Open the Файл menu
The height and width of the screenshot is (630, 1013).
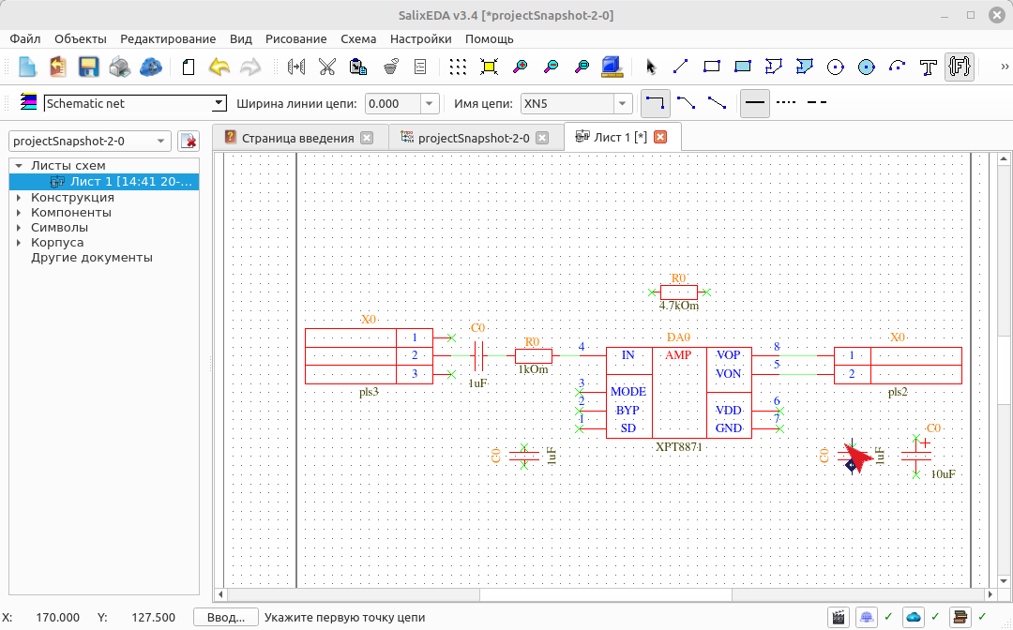click(x=25, y=38)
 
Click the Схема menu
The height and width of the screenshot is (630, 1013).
click(x=358, y=38)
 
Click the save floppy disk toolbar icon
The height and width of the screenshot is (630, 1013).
click(x=88, y=67)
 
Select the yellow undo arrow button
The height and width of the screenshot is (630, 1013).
click(x=219, y=67)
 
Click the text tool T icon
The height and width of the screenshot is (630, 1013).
click(x=929, y=67)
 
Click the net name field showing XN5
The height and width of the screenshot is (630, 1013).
click(x=567, y=103)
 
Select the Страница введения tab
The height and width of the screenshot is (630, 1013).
click(x=298, y=138)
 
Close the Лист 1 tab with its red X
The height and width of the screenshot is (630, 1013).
click(x=660, y=137)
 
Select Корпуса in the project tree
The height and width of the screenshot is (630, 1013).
click(x=57, y=243)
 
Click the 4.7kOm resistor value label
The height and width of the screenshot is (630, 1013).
click(x=679, y=306)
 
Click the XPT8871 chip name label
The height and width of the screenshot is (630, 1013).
click(x=678, y=446)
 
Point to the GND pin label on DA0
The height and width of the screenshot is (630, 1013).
click(x=728, y=428)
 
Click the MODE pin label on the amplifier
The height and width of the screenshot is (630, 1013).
click(x=627, y=392)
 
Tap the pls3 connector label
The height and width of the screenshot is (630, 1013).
click(x=369, y=392)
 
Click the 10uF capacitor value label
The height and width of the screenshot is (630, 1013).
click(x=944, y=474)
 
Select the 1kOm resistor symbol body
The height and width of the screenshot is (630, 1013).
click(x=534, y=355)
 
